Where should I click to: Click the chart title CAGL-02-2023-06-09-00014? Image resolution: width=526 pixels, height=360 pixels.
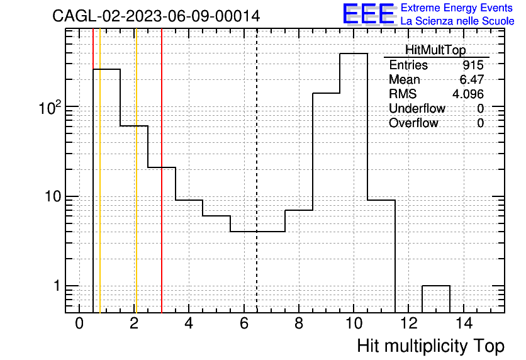tap(156, 16)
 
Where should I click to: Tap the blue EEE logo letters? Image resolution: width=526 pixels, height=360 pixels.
tap(369, 13)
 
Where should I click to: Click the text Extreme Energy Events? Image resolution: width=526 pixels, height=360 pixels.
tap(457, 8)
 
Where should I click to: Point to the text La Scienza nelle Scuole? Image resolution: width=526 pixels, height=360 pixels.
tap(457, 21)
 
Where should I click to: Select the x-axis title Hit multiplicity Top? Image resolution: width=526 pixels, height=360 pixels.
tap(431, 346)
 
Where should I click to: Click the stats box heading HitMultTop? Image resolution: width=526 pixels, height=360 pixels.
tap(435, 50)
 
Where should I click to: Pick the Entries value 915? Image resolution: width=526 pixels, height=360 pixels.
tap(473, 65)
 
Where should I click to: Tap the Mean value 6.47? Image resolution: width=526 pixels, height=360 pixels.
tap(472, 79)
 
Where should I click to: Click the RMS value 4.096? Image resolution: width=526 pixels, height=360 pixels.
tap(468, 94)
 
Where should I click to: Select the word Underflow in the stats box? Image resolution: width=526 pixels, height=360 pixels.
tap(417, 108)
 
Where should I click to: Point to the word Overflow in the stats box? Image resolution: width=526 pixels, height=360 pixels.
tap(413, 123)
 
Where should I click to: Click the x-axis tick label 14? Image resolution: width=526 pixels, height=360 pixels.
tap(464, 323)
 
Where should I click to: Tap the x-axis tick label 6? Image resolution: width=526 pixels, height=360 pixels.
tap(244, 323)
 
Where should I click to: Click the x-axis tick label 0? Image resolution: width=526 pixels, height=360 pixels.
tap(79, 323)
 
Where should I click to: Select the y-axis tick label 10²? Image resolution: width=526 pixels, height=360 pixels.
tap(50, 108)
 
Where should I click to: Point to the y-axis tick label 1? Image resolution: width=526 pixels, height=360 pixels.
tap(57, 286)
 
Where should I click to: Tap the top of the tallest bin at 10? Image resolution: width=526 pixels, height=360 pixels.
tap(354, 53)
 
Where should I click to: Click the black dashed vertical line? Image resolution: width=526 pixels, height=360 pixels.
tap(257, 171)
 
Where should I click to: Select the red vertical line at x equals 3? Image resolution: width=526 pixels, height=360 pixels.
tap(162, 171)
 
